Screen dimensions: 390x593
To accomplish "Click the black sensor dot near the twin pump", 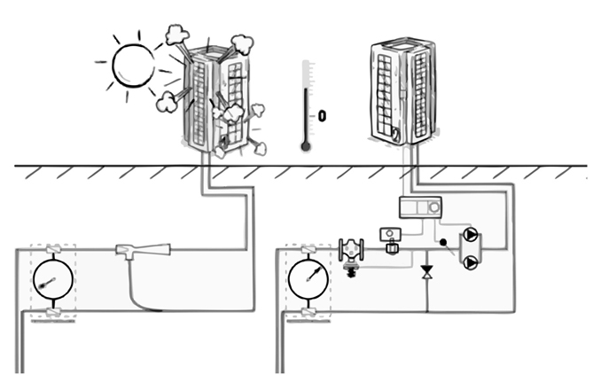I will point(441,242).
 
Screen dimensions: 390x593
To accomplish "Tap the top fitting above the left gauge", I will point(51,249).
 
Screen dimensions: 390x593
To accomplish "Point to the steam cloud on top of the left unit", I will point(176,36).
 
